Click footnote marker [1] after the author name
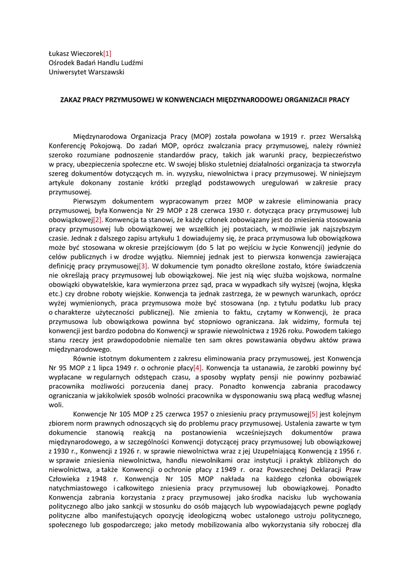(107, 54)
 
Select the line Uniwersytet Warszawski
(86, 72)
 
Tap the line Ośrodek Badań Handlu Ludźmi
(96, 63)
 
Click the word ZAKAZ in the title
(71, 100)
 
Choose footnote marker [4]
(198, 368)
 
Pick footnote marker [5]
(313, 414)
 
